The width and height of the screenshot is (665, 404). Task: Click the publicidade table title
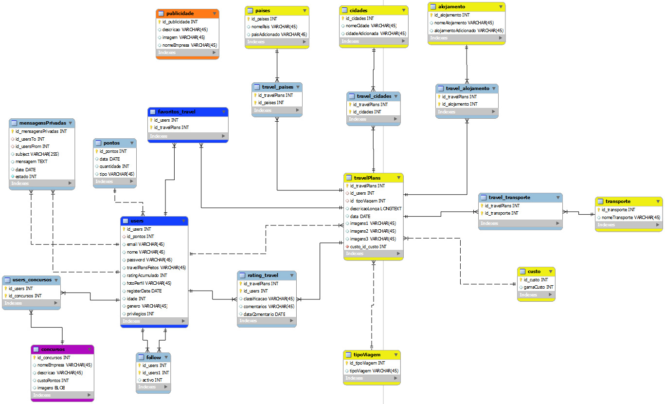pos(180,14)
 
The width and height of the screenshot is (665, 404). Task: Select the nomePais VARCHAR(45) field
pos(274,27)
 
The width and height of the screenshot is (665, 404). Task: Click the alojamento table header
pos(451,7)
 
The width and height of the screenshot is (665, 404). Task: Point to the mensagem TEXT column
pos(32,162)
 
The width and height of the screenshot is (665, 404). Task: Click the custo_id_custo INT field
pos(368,247)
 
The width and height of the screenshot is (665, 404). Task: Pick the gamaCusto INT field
pos(535,287)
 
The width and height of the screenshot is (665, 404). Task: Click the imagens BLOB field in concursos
pos(51,388)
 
